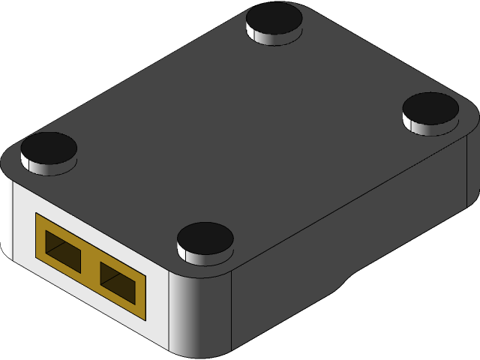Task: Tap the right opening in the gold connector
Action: click(118, 283)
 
